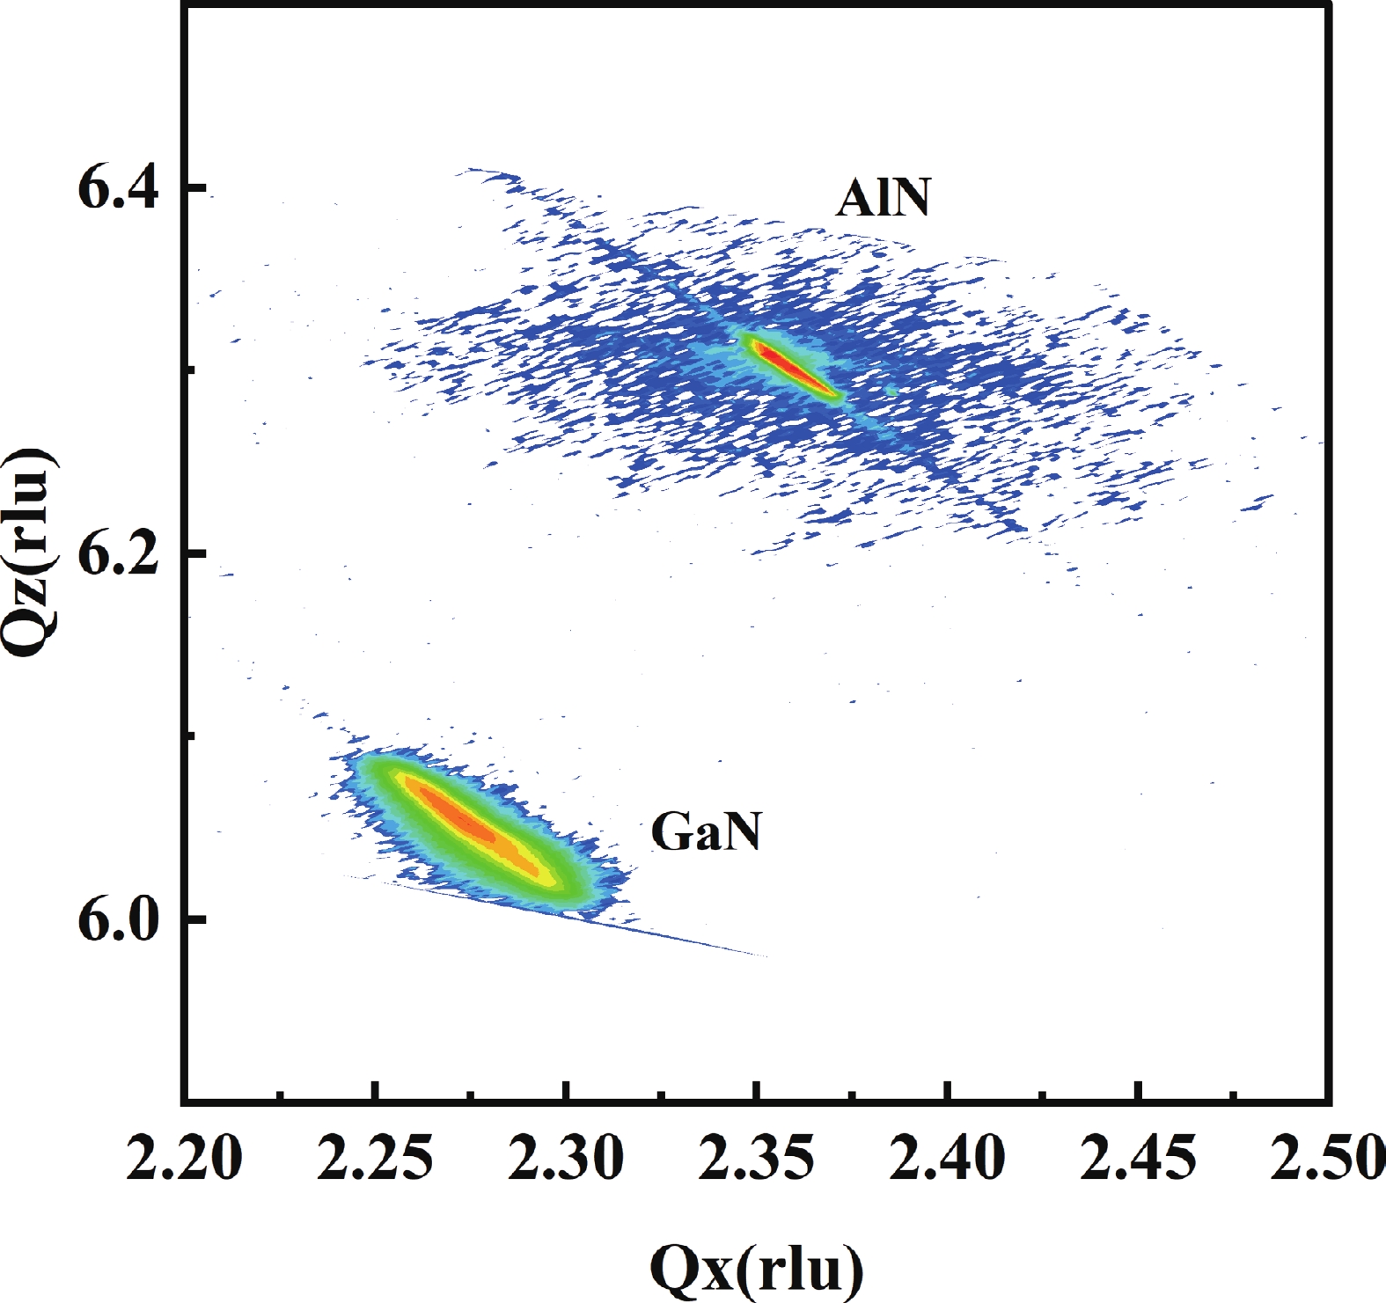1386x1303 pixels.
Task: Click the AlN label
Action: tap(883, 200)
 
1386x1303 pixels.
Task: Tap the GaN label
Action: tap(706, 832)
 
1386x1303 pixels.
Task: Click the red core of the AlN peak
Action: tap(788, 365)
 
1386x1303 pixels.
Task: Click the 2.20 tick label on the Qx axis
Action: tap(184, 1160)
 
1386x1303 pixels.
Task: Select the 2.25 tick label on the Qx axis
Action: tap(376, 1160)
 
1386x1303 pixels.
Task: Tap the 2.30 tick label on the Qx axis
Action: tap(567, 1160)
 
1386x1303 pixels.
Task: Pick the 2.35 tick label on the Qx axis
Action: tap(757, 1160)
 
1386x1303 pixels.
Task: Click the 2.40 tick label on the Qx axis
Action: tap(948, 1160)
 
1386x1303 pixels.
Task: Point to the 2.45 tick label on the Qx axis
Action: tap(1139, 1160)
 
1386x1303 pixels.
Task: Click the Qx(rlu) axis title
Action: tap(757, 1268)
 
